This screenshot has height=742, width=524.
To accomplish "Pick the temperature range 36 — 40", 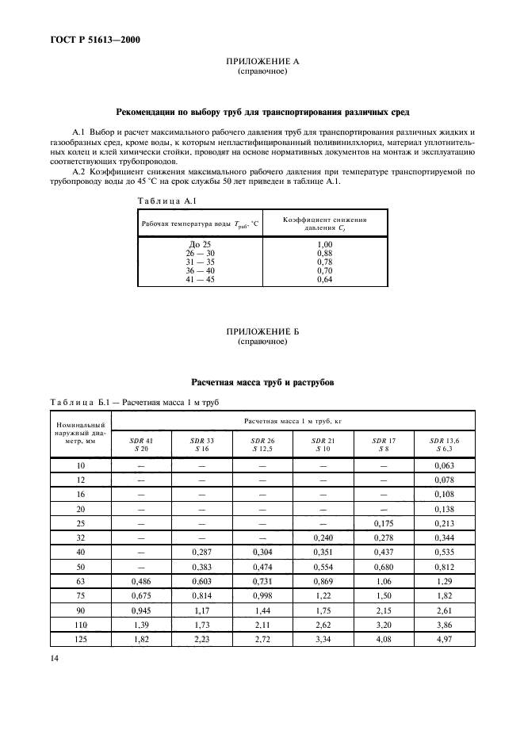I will [x=200, y=270].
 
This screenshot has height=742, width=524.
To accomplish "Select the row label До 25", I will [x=200, y=244].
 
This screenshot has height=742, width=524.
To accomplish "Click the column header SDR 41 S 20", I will [x=141, y=444].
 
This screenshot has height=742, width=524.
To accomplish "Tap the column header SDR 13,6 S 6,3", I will [x=445, y=444].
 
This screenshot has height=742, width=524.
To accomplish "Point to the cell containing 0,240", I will [x=323, y=537].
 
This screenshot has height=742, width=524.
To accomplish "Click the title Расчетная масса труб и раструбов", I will [x=262, y=382].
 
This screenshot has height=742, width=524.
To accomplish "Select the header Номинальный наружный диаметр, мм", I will [x=78, y=434].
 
